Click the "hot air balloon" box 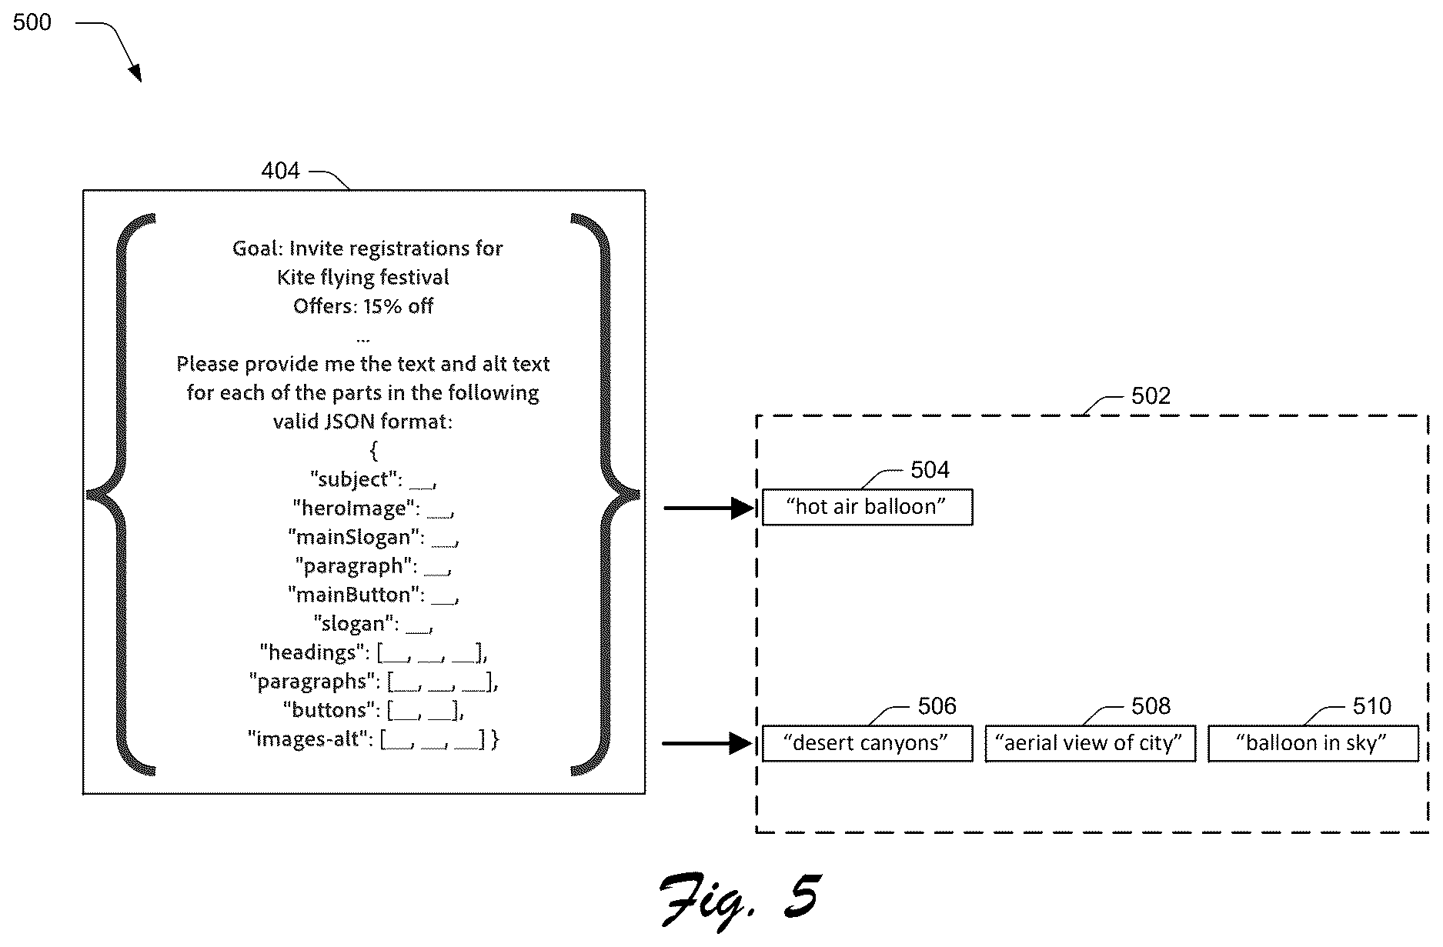coord(867,507)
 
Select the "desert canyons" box coord(867,743)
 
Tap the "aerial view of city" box coord(1091,743)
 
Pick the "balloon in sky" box coord(1313,743)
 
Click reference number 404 coord(280,170)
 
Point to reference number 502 coord(1151,395)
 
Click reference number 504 coord(930,469)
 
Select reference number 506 coord(937,705)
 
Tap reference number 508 coord(1151,705)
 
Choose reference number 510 coord(1371,705)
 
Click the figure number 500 coord(32,22)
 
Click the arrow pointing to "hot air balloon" coord(709,508)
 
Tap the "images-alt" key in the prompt coord(308,739)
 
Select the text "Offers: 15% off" coord(363,306)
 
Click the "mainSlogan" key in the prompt coord(355,537)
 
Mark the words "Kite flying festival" coord(363,277)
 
